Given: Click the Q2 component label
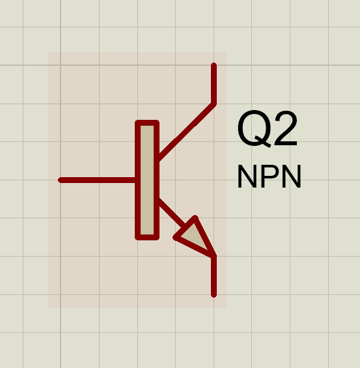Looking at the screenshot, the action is click(268, 129).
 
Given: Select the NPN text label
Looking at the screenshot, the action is click(270, 177).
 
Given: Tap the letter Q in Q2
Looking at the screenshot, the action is click(255, 129).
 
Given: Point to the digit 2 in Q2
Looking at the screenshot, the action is click(286, 128).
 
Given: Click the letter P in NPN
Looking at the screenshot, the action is click(270, 177).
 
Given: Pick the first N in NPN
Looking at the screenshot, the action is click(247, 177).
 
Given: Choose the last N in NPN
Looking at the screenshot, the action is click(291, 177).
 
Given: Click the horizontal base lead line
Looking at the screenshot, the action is click(97, 180).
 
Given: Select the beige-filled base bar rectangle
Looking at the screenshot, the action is click(147, 180).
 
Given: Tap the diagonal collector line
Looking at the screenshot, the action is click(187, 132).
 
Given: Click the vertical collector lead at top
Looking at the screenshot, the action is click(214, 83).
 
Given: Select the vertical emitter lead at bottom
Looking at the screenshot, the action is click(214, 276).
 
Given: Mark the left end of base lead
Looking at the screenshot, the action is click(60, 180).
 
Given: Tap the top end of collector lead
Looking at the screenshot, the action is click(214, 64).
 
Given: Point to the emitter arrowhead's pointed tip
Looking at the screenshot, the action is click(214, 255).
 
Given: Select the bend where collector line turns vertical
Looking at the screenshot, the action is click(214, 104).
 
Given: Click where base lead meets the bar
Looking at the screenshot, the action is click(135, 180).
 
